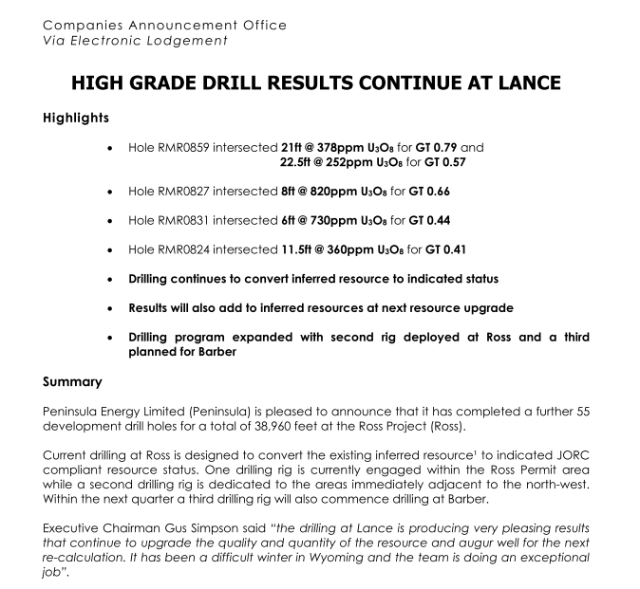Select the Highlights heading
tap(76, 119)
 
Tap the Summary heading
tap(72, 382)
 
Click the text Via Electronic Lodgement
tap(136, 40)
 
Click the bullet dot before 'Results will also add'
tap(113, 309)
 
